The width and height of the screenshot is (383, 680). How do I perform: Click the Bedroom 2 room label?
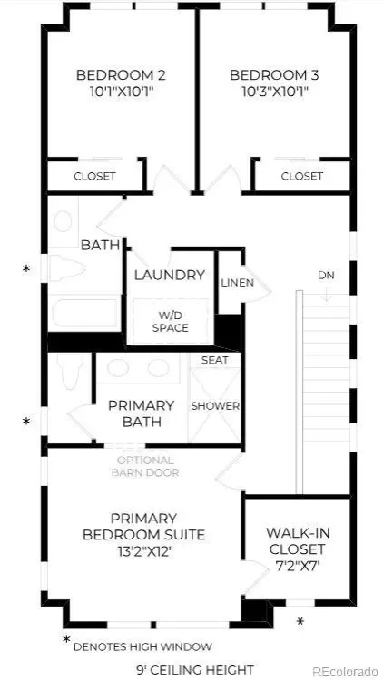121,75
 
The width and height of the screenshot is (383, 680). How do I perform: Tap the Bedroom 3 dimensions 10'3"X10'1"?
274,92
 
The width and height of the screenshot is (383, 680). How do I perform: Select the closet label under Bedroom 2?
94,176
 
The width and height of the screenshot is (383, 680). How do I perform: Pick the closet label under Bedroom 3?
302,176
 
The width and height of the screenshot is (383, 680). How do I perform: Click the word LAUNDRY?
170,275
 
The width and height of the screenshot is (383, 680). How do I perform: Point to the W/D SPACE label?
171,322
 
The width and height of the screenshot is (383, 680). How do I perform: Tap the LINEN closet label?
237,283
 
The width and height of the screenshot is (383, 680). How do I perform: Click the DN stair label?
326,276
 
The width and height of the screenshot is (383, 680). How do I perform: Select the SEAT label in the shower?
214,360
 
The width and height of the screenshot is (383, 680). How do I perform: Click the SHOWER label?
215,406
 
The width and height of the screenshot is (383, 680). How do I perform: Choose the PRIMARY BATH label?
141,413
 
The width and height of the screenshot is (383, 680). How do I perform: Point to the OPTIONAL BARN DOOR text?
145,466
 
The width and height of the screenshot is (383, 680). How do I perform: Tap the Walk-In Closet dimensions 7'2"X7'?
297,566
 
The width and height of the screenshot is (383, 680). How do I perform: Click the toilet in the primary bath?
70,372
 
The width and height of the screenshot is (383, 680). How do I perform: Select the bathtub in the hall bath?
85,313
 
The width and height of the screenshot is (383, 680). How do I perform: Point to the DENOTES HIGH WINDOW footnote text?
142,647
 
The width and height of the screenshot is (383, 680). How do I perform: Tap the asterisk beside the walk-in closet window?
300,621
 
